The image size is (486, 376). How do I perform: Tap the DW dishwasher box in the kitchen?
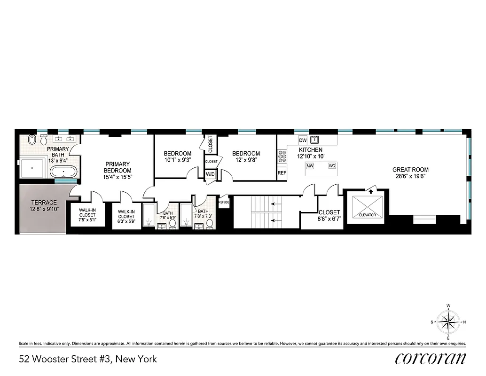point(303,140)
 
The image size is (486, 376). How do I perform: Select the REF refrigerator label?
point(282,173)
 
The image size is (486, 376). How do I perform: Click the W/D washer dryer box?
point(210,174)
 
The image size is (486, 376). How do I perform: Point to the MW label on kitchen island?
point(310,166)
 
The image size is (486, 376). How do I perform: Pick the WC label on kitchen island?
point(332,166)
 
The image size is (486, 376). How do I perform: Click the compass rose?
point(448,322)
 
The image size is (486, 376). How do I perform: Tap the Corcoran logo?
point(431,358)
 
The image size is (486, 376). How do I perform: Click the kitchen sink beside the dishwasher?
point(314,140)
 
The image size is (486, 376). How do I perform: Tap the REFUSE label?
point(224,202)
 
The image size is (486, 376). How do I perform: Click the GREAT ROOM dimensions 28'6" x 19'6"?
point(410,177)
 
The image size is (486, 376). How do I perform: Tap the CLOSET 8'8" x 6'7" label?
point(329,215)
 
